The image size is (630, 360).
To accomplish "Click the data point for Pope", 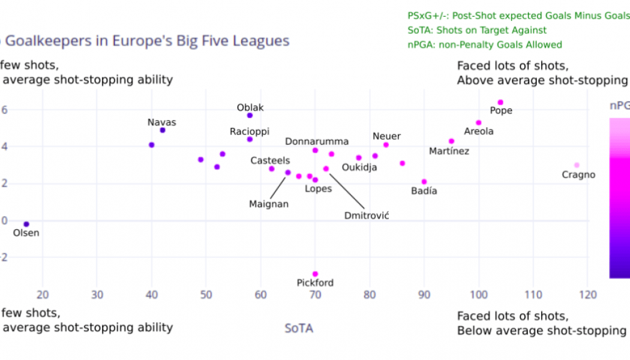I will coord(500,103).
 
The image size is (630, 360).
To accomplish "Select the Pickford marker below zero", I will coord(315,274).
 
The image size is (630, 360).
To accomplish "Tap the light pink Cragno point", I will coord(577,165).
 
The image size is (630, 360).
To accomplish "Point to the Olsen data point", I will coord(26,224).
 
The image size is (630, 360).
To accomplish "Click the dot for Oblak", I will coord(250,115).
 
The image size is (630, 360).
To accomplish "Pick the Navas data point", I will coord(163,130).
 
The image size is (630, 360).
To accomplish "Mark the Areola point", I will coord(479,123).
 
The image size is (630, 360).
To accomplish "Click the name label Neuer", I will coord(386,136).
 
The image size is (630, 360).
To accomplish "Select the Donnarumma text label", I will coord(317,142).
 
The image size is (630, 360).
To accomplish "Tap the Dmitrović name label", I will coord(367,215).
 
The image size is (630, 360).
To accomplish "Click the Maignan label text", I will coord(269,204).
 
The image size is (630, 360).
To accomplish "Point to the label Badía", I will coord(424,191).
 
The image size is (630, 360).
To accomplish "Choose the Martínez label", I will coord(449,151).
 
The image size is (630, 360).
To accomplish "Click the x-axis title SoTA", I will coord(299,328).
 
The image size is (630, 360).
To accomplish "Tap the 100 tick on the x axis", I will coord(479,295).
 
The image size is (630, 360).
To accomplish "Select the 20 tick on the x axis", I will coord(43,295).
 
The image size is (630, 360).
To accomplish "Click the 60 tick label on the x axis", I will coord(260,295).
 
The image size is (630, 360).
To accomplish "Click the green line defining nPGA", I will coord(485,44).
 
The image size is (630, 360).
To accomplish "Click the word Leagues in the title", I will coord(263,41).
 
